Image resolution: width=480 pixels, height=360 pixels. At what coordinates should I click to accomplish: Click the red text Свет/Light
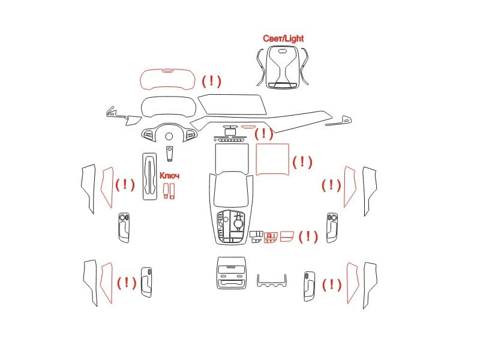[x=283, y=38]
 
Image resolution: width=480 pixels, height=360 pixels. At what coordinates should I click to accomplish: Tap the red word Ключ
[x=169, y=175]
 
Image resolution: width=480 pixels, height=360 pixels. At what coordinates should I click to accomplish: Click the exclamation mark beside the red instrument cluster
[x=211, y=81]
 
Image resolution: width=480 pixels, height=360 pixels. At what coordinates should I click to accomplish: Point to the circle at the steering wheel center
[x=169, y=137]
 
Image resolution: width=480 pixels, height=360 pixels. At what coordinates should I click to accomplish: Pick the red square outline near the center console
[x=256, y=159]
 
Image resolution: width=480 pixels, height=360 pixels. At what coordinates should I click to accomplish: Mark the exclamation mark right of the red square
[x=302, y=161]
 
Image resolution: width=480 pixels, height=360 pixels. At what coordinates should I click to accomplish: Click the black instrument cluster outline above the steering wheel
[x=141, y=107]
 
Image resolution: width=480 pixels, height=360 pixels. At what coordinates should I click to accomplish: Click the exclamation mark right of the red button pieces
[x=308, y=236]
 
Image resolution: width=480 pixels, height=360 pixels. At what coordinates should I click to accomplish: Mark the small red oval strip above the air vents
[x=248, y=127]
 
